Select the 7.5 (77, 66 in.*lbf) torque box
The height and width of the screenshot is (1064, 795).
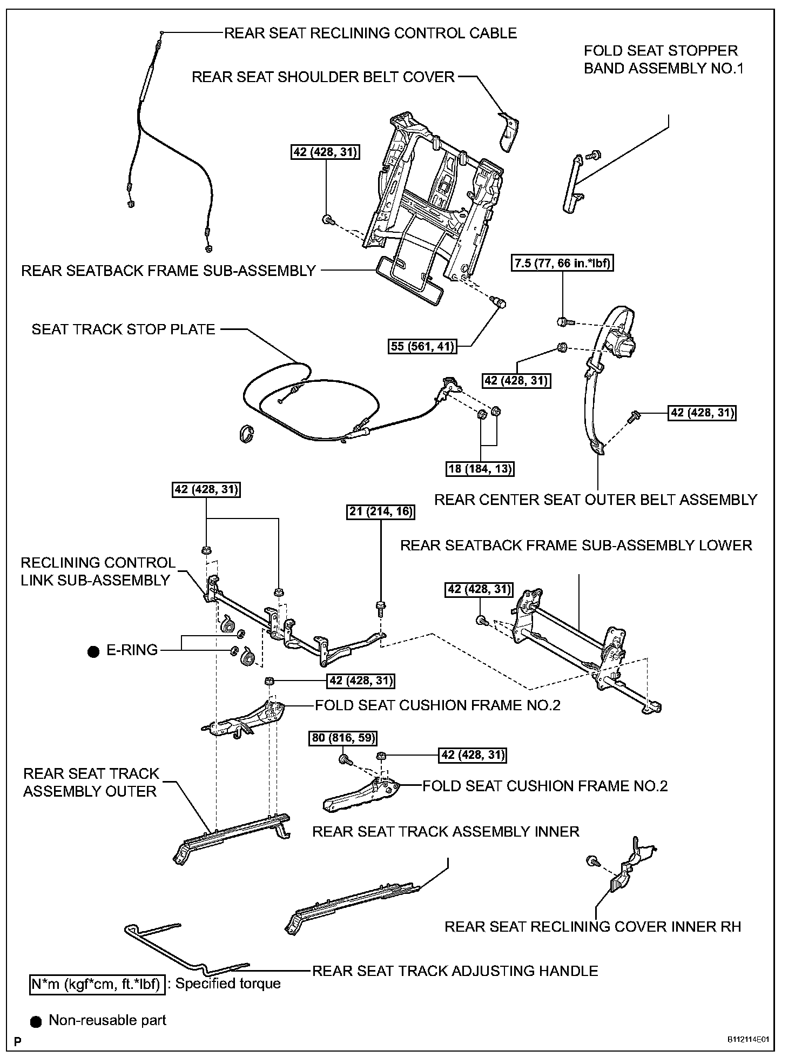[x=562, y=264]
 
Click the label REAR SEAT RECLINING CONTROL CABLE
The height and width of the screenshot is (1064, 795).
[x=370, y=33]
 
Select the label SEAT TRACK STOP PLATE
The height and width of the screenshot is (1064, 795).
[x=123, y=329]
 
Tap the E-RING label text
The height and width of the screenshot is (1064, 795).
[x=132, y=650]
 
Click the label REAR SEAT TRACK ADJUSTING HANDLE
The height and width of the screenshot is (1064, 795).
[x=455, y=971]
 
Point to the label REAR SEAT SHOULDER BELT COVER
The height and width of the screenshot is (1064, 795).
[x=323, y=77]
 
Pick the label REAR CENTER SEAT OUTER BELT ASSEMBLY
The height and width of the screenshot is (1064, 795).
[x=596, y=500]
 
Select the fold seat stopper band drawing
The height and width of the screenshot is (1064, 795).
[x=572, y=184]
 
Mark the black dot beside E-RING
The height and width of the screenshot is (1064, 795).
[x=93, y=652]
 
